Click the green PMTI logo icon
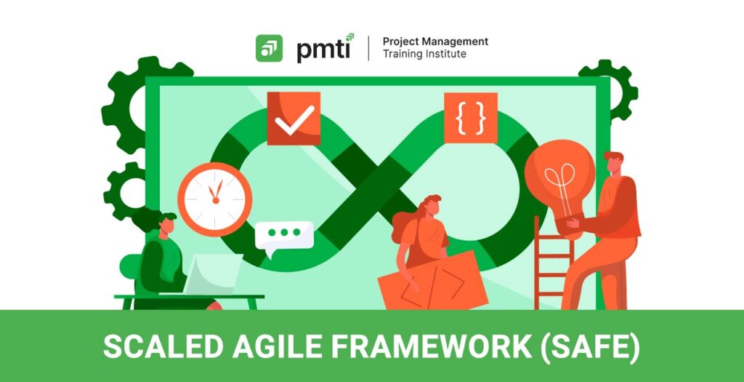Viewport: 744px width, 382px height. pos(269,49)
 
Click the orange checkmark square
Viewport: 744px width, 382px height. pos(294,119)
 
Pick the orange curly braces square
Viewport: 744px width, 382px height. pos(471,117)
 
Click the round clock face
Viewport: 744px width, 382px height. pos(215,199)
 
